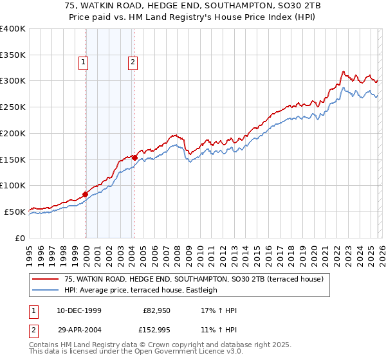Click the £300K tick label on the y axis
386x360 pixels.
coord(12,81)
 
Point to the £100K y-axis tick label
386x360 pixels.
coord(12,185)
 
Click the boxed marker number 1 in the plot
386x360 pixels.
coord(84,62)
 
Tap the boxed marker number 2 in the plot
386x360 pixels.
coord(133,62)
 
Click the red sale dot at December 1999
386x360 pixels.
coord(86,194)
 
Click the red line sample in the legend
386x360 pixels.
coord(45,279)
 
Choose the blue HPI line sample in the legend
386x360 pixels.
coord(45,290)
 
